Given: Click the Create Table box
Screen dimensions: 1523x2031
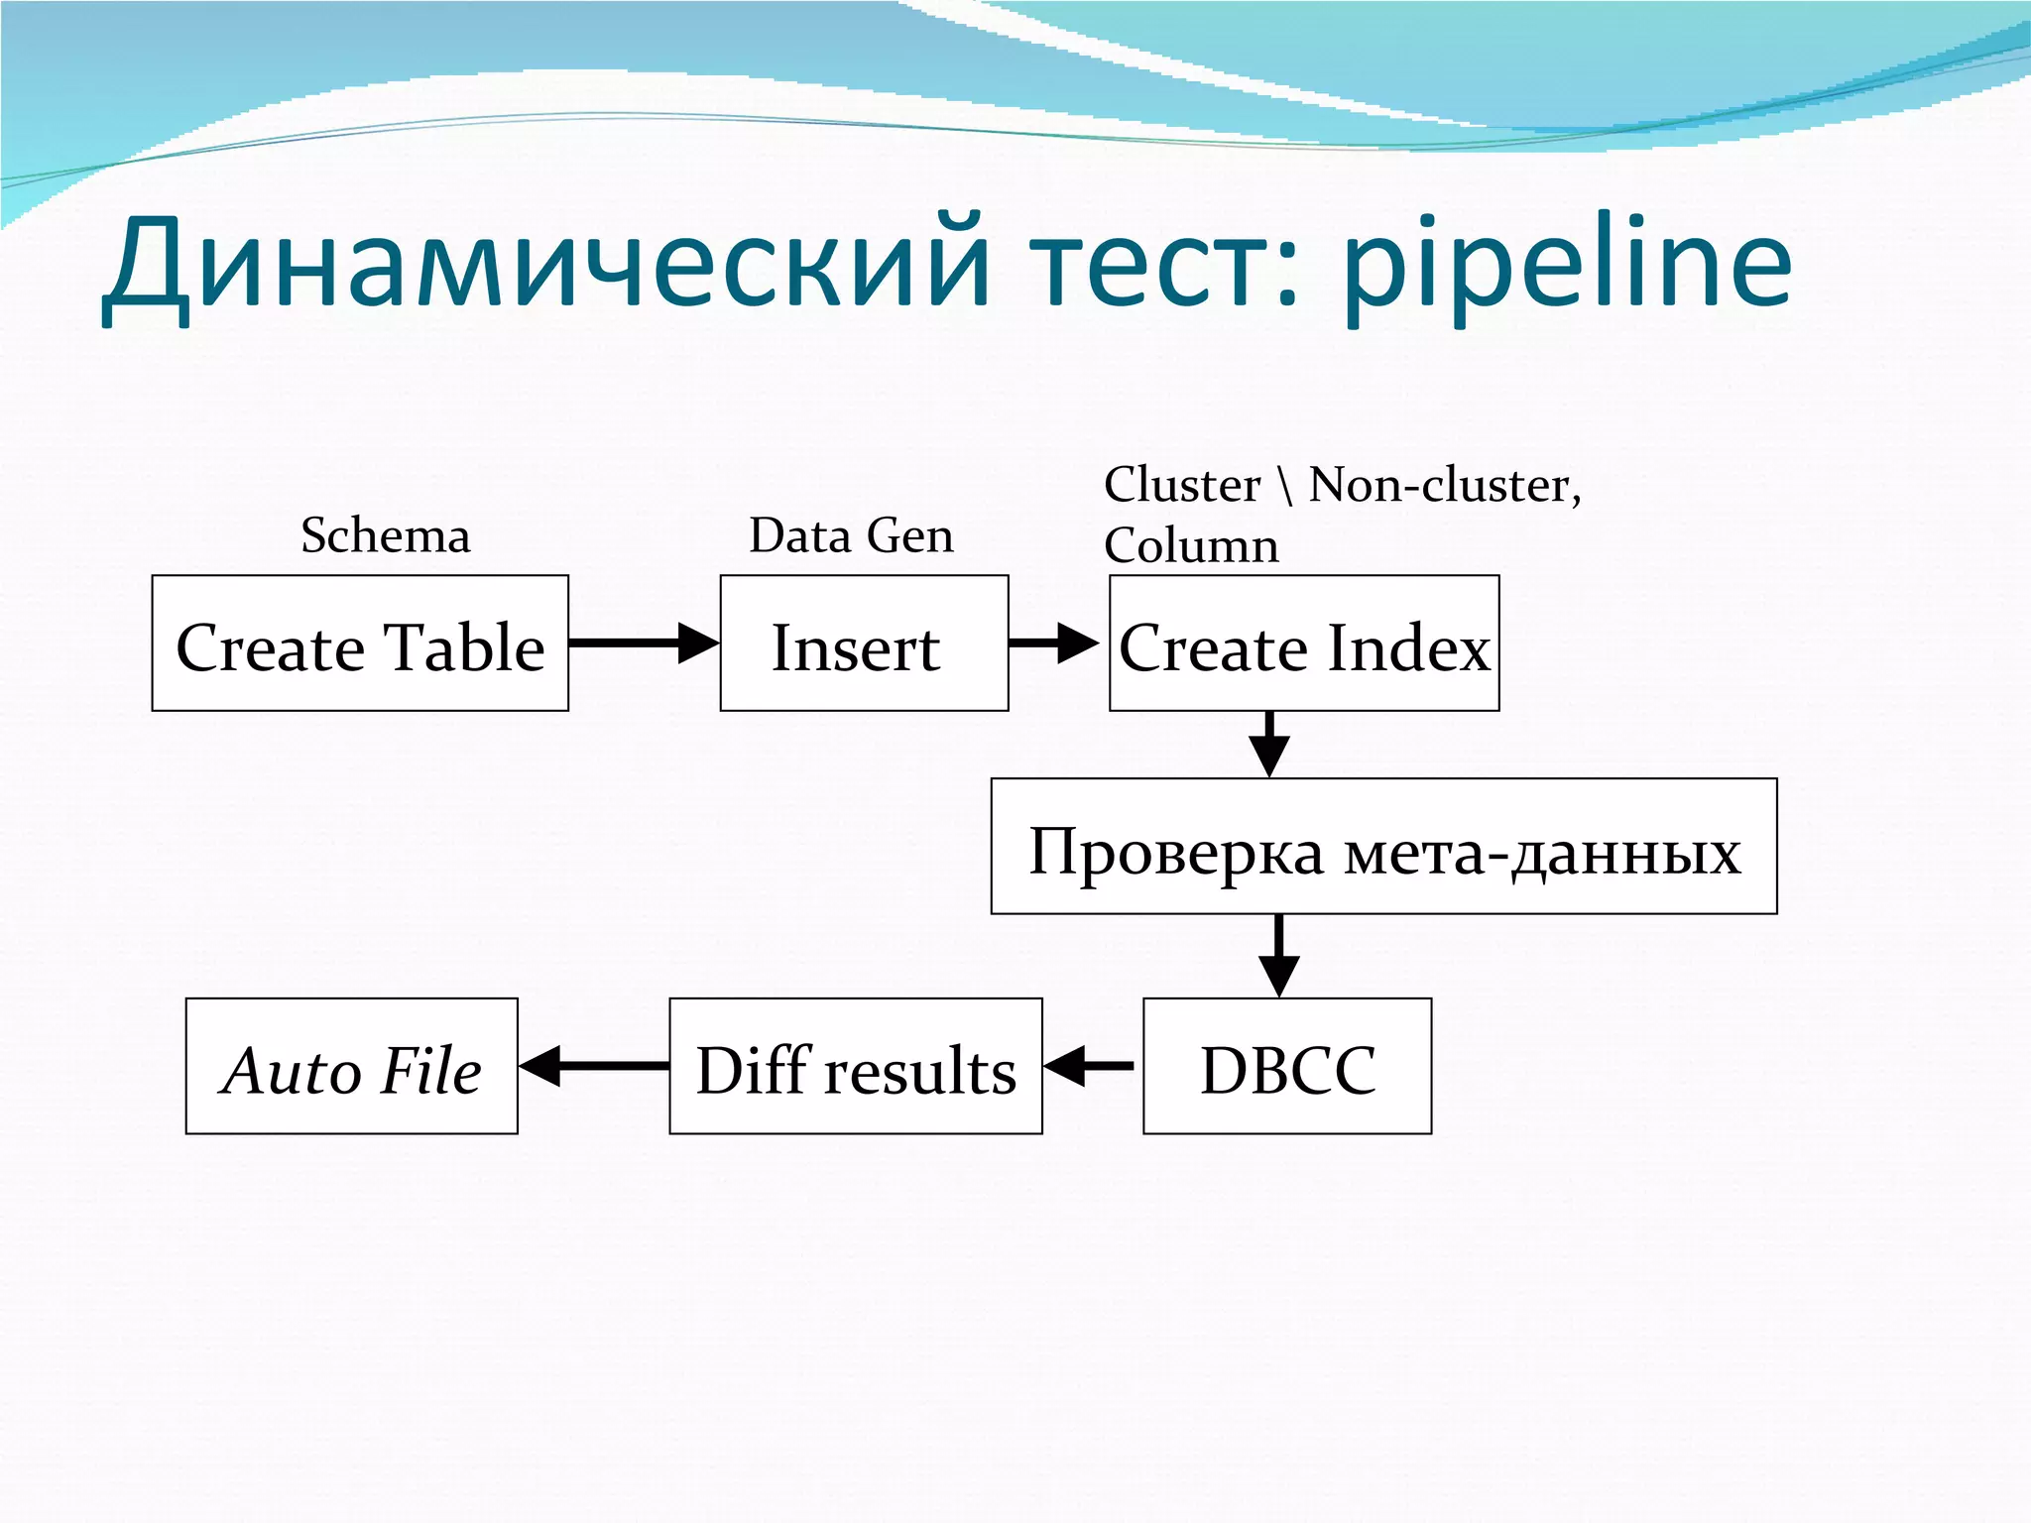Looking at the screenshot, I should click(360, 644).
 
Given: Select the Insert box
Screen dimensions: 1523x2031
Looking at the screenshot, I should click(864, 644).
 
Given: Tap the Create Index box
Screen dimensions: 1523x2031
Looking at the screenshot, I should click(1304, 644).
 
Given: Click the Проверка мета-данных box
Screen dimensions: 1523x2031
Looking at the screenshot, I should click(1383, 846).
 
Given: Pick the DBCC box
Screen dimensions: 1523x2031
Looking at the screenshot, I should click(1287, 1066).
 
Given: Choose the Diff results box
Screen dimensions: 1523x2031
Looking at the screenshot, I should click(856, 1066).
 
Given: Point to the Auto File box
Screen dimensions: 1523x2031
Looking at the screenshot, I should click(352, 1066).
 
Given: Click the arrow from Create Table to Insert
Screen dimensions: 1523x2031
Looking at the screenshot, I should click(644, 644).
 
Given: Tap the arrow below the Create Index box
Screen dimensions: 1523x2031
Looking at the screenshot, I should click(1269, 744).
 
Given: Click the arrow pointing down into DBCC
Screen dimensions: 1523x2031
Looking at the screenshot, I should click(1278, 955).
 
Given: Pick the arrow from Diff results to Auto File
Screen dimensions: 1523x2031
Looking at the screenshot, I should click(593, 1066).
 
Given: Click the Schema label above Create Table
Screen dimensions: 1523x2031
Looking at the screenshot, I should click(386, 535).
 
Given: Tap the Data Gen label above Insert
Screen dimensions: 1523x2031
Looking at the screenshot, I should click(851, 535).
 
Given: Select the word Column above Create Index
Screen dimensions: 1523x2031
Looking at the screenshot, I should click(1191, 545).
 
